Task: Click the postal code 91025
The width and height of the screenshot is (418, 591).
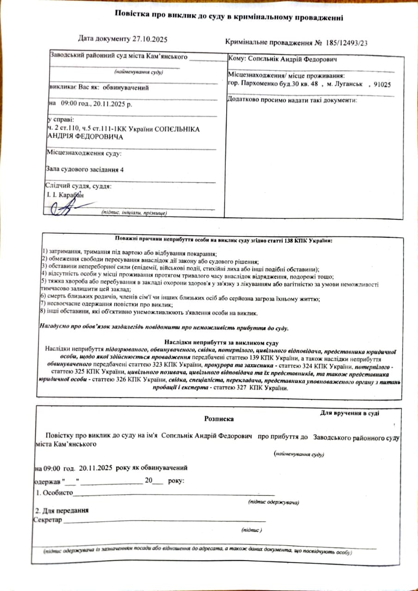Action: [x=382, y=84]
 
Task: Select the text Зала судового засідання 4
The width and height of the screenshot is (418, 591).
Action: [x=85, y=169]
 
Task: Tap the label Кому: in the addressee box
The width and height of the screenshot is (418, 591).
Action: [x=237, y=59]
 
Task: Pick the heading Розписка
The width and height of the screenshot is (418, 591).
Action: [x=219, y=419]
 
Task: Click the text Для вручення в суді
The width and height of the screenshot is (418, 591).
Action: [x=350, y=413]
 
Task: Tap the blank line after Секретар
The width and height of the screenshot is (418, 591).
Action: [x=164, y=521]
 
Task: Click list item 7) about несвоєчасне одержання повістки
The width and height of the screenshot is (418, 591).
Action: [x=107, y=305]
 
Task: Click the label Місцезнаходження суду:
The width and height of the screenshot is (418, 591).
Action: [x=84, y=152]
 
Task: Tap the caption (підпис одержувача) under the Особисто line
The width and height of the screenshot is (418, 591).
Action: [x=273, y=502]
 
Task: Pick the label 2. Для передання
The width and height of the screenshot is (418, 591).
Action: [x=62, y=511]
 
